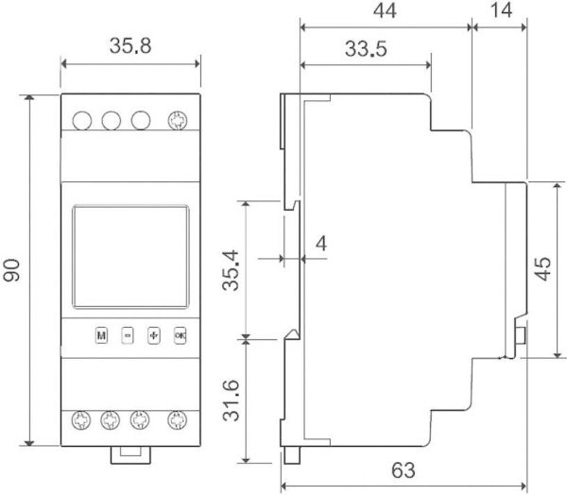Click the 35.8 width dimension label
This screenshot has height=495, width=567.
click(130, 46)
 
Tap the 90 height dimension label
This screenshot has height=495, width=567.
click(11, 270)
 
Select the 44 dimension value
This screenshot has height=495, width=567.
click(385, 10)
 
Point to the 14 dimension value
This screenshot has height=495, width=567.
click(501, 10)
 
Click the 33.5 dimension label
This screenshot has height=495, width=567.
click(366, 49)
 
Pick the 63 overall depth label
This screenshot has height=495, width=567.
click(404, 470)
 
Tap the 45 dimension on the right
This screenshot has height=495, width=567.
click(542, 268)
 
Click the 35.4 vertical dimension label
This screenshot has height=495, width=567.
click(231, 270)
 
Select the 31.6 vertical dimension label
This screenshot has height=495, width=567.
click(231, 401)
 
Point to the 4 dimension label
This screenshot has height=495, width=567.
click(321, 244)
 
